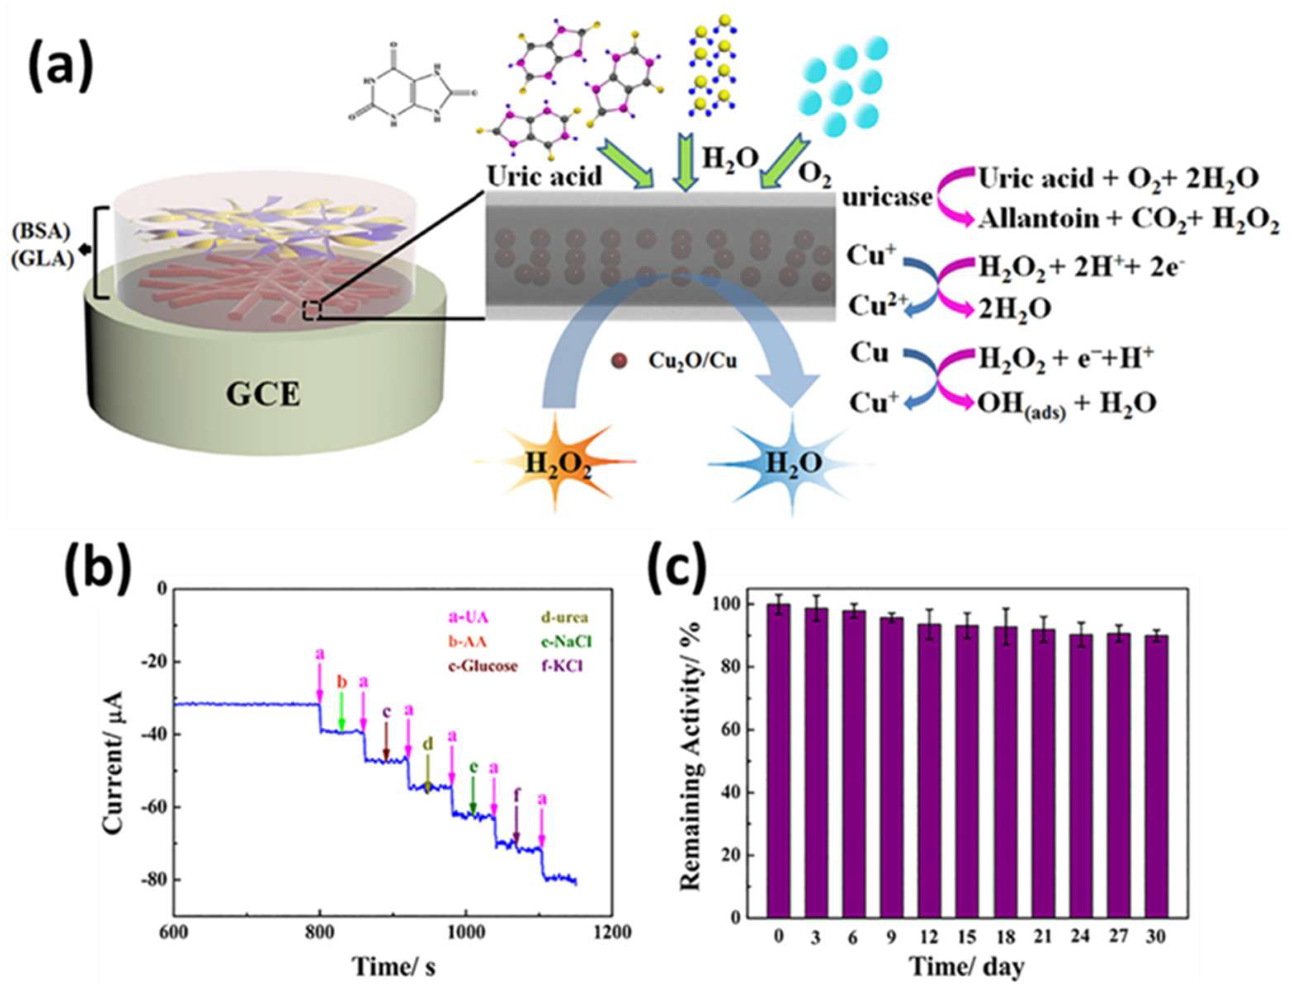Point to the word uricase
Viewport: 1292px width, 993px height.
point(887,197)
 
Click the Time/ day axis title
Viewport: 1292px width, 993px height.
point(967,967)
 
